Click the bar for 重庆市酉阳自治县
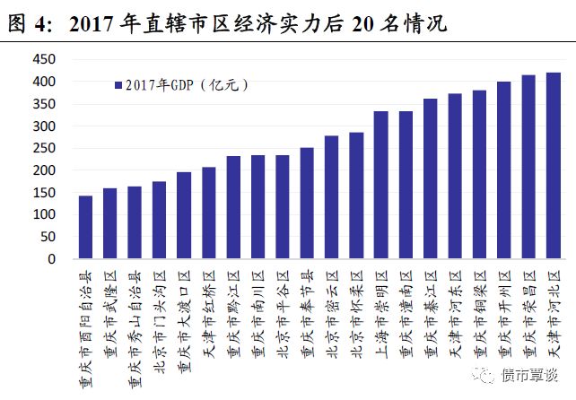click(86, 228)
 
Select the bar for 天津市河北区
click(554, 166)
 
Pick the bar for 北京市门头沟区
click(160, 221)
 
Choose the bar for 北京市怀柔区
click(356, 196)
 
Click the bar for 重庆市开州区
click(504, 170)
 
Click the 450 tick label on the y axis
click(42, 60)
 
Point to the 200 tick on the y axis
click(42, 171)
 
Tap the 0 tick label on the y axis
click(51, 260)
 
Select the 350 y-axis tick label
click(42, 105)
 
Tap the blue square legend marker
click(118, 85)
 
